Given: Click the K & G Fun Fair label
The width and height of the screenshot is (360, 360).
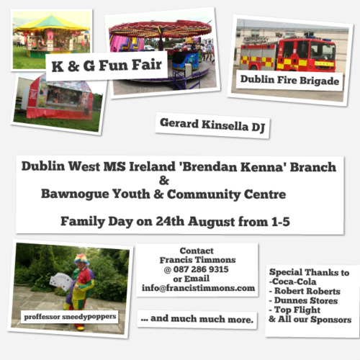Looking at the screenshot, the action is (107, 66).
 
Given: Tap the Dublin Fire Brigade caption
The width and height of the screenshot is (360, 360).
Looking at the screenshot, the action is (289, 80).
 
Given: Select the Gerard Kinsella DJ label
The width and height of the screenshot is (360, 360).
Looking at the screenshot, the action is (212, 125).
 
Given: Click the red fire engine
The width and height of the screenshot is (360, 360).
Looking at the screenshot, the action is (288, 55).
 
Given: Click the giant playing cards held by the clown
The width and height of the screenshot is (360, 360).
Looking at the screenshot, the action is (60, 281).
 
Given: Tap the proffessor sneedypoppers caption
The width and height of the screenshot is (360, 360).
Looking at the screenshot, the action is (70, 317).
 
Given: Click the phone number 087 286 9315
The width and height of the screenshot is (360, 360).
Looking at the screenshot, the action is (201, 269).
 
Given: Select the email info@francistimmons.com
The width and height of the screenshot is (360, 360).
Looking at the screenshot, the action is (198, 288).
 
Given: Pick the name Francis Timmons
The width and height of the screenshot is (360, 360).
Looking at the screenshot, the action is (197, 260).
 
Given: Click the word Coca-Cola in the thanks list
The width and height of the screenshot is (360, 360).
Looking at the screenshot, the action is (294, 282).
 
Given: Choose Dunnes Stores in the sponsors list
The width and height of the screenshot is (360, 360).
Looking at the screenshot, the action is (306, 300).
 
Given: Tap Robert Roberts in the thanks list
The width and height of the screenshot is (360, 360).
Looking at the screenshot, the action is (307, 291).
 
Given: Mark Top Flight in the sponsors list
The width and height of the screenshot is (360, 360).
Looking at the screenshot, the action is (297, 310).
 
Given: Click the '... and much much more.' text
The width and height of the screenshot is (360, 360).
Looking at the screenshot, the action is (197, 319).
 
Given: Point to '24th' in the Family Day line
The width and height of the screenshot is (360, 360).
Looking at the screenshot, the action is (170, 221).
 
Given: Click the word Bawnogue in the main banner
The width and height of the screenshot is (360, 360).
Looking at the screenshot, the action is (75, 194).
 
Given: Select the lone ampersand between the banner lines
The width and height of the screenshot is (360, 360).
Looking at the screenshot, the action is (164, 181).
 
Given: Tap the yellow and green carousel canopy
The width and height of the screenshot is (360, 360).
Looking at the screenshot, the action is (52, 24).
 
